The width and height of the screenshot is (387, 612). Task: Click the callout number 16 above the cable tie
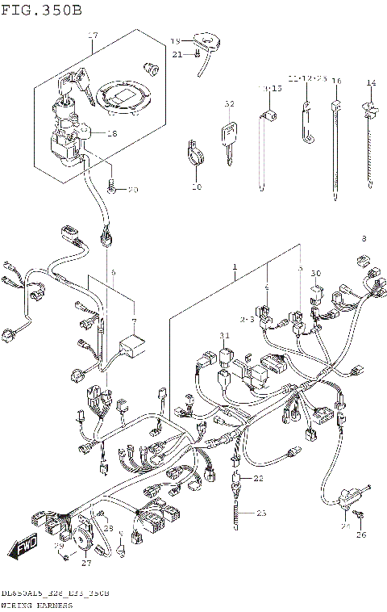click(336, 82)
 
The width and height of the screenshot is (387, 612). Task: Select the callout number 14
click(371, 83)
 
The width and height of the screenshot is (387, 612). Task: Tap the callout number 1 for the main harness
click(235, 266)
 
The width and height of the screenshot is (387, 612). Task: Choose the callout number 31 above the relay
click(224, 335)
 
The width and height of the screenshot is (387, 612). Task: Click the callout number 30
click(316, 273)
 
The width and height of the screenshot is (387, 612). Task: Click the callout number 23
click(260, 513)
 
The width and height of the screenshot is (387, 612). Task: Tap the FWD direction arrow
click(25, 549)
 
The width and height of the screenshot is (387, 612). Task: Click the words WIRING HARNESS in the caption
click(36, 604)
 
